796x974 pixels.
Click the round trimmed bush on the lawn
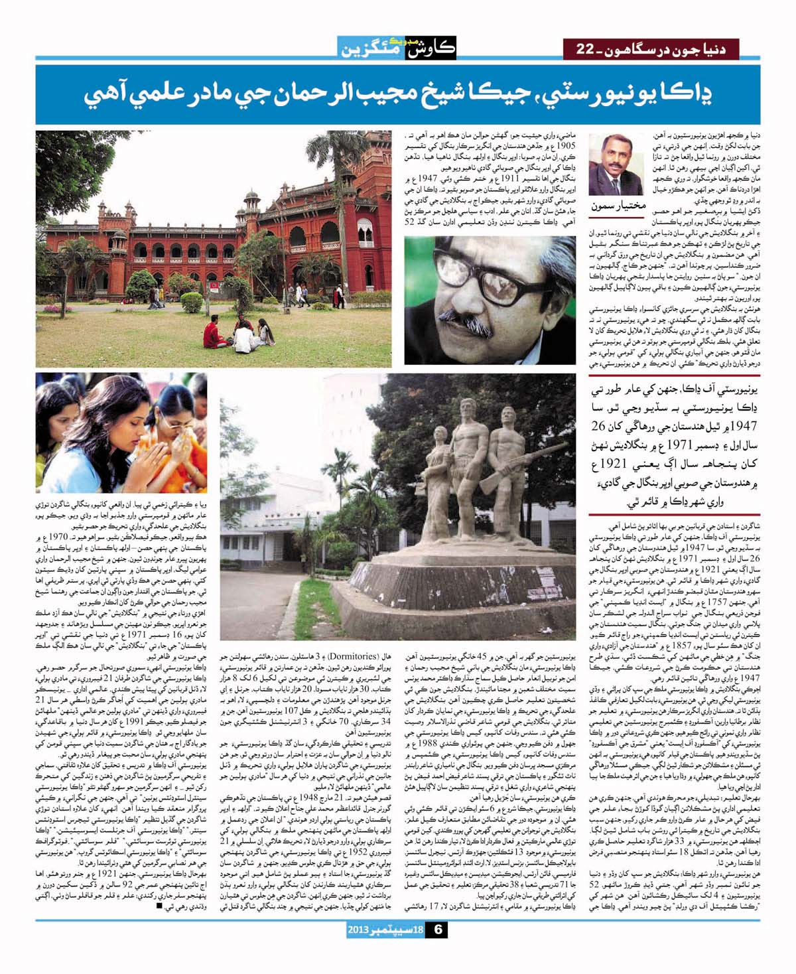192,302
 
